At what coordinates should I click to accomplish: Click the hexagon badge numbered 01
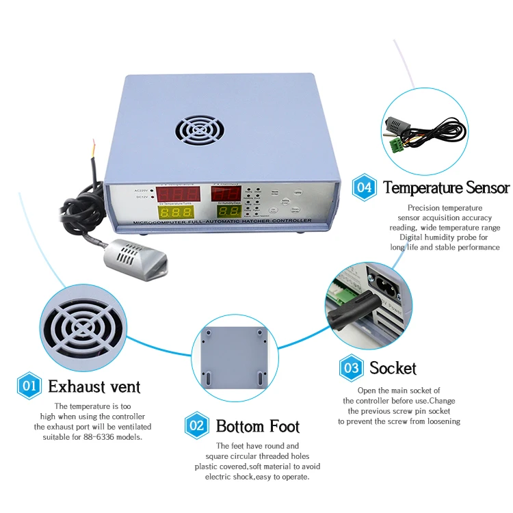(29, 386)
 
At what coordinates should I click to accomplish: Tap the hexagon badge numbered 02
(197, 425)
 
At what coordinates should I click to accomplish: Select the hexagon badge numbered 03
(351, 368)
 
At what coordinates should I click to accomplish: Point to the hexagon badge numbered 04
(365, 187)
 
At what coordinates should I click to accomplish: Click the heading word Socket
(393, 368)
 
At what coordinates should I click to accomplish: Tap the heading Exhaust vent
(94, 386)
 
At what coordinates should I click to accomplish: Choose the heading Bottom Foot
(258, 426)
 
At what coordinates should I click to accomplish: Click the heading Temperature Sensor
(446, 187)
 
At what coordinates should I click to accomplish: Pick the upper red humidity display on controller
(230, 192)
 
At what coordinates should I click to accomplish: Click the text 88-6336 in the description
(106, 436)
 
